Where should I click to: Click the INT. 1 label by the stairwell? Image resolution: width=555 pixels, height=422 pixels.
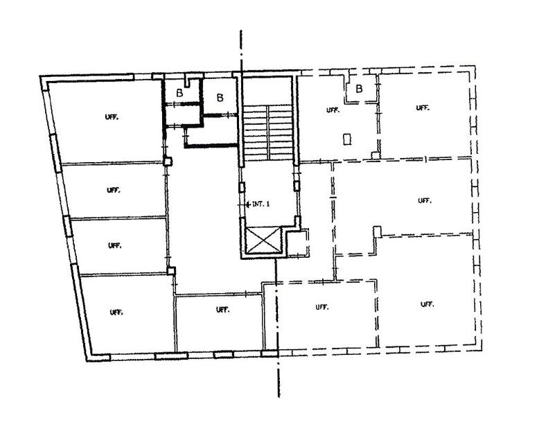click(x=261, y=204)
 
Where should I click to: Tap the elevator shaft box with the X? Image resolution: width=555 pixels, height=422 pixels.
click(x=263, y=240)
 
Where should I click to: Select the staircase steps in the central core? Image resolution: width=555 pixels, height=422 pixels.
click(x=269, y=132)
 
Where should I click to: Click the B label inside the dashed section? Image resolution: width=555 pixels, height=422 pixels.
click(x=359, y=89)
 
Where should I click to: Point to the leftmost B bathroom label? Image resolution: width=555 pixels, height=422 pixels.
click(x=179, y=93)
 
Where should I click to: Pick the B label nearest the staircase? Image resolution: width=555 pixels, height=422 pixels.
click(x=220, y=97)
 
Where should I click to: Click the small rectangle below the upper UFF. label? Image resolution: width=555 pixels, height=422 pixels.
click(x=347, y=139)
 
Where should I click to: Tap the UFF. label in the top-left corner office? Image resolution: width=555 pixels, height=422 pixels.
click(x=112, y=117)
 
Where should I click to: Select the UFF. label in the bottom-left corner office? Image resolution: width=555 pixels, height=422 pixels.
click(x=116, y=313)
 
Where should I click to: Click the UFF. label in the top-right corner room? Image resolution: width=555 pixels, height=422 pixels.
click(x=423, y=107)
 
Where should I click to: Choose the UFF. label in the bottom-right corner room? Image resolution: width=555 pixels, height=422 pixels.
click(x=428, y=304)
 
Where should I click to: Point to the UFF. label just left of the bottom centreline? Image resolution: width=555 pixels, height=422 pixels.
click(x=223, y=310)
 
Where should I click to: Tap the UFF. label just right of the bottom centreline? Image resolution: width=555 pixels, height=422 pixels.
click(x=322, y=307)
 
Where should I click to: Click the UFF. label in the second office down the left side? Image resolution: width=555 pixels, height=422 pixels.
click(x=114, y=190)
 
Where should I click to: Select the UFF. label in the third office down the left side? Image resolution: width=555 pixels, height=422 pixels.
click(x=115, y=245)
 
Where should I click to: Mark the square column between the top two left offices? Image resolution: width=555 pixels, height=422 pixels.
click(x=168, y=161)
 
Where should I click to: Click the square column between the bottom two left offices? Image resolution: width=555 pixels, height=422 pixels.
click(x=171, y=271)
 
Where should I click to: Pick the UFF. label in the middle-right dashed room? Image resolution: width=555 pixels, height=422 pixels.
click(x=425, y=201)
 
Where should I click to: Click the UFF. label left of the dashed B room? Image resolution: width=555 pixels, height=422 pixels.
click(x=333, y=110)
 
